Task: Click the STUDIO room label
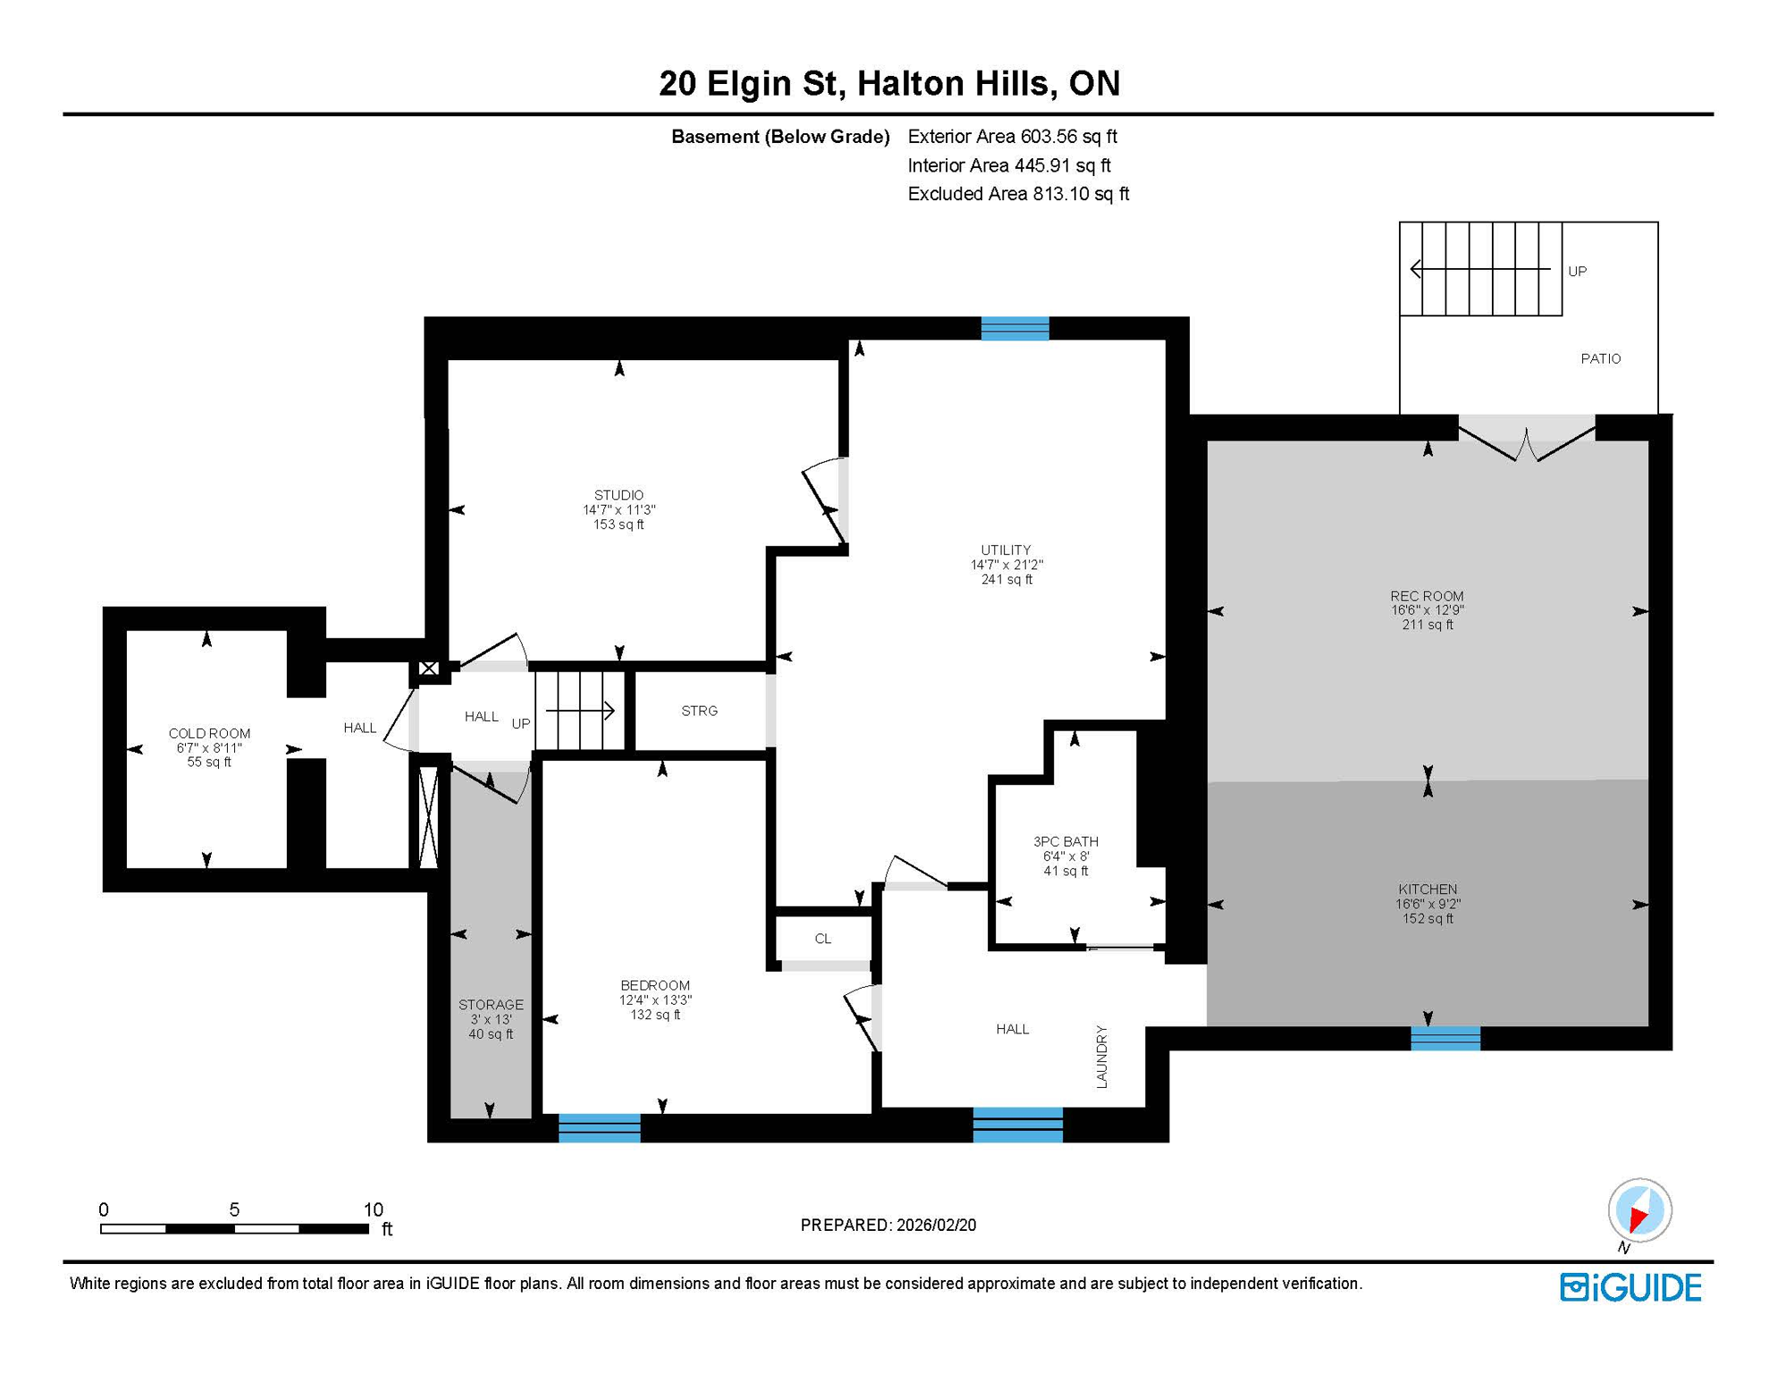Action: pos(619,495)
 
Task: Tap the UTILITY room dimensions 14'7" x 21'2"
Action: pos(1006,565)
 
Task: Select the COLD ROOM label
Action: pos(209,733)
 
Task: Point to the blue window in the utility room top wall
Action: pos(1015,329)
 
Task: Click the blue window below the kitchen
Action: pos(1445,1038)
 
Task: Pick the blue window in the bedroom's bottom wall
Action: pos(599,1128)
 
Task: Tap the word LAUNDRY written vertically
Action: pos(1101,1057)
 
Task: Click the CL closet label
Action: pos(823,939)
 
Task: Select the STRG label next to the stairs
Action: pos(699,711)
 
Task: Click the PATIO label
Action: pos(1600,358)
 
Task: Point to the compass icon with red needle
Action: pos(1639,1210)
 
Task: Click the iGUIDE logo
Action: pos(1630,1287)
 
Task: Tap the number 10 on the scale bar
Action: pos(373,1209)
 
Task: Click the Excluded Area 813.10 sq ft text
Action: pos(1018,194)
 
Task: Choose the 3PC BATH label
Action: pos(1065,841)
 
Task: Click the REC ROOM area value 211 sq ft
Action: pos(1427,625)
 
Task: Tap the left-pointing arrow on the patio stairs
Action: pos(1418,268)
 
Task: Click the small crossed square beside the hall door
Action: pos(429,669)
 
